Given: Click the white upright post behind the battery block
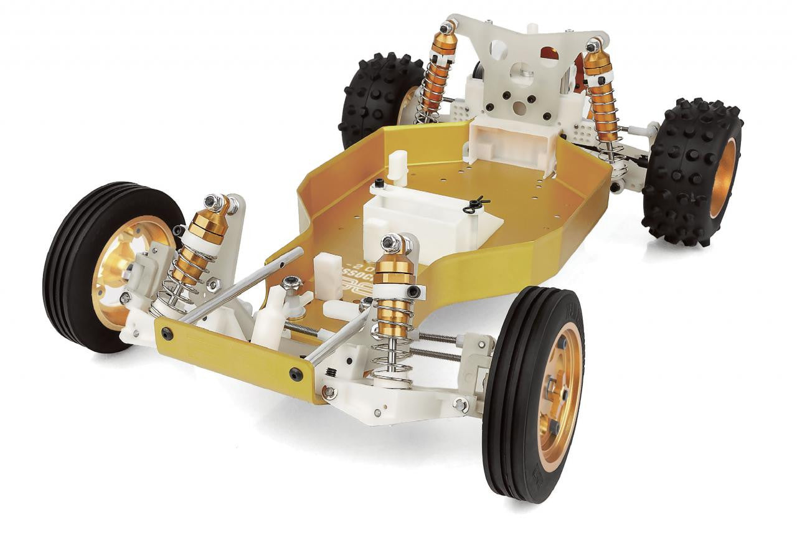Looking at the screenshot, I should point(397,165).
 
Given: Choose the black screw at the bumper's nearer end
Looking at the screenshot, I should point(296,374).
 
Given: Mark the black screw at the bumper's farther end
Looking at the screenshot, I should point(167,333).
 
